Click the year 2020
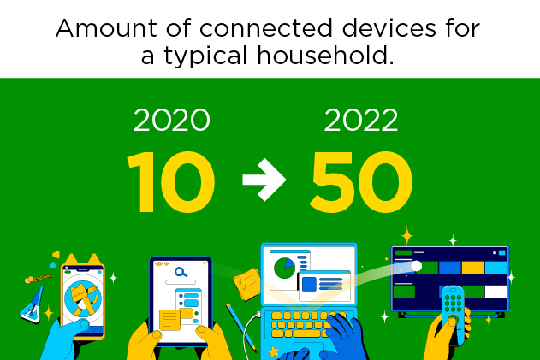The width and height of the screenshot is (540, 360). tap(171, 120)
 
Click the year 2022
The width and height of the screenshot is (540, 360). tap(361, 120)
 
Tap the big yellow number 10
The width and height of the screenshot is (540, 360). tap(171, 182)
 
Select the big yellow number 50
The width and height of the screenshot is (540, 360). tap(361, 182)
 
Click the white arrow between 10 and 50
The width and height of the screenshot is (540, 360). tap(264, 180)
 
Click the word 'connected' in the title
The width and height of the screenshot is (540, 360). tap(266, 28)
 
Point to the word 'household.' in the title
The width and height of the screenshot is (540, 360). tap(325, 56)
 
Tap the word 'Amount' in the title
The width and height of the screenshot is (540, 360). tap(106, 28)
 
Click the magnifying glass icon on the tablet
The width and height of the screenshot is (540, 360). tap(181, 272)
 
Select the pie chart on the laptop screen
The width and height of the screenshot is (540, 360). tap(284, 269)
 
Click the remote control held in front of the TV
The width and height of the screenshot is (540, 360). tap(453, 311)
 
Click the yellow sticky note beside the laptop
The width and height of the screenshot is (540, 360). tap(247, 283)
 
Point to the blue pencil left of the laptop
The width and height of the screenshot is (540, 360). tap(241, 328)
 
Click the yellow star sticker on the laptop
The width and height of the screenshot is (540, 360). tap(274, 351)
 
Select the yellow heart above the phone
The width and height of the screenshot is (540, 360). tap(56, 255)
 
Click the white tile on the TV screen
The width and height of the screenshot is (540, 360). tap(495, 292)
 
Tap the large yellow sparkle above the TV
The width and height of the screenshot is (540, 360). tap(406, 236)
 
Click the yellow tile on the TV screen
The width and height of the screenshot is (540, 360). tap(473, 268)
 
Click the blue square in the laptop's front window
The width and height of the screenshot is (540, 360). tap(309, 284)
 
